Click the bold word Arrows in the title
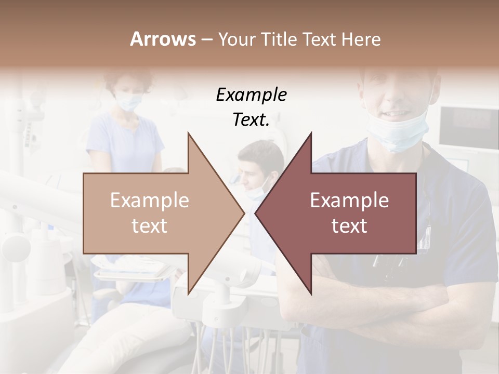tap(163, 39)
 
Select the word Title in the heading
tap(279, 39)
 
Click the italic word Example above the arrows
tap(251, 95)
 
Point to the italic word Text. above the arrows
tap(251, 120)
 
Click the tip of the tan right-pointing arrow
tap(243, 213)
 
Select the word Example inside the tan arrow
tap(150, 201)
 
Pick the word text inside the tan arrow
tap(150, 226)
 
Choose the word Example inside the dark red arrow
tap(349, 201)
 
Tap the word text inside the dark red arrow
tap(349, 226)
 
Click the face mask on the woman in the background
tap(128, 101)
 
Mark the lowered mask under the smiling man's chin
tap(398, 135)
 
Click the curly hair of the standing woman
tap(128, 78)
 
